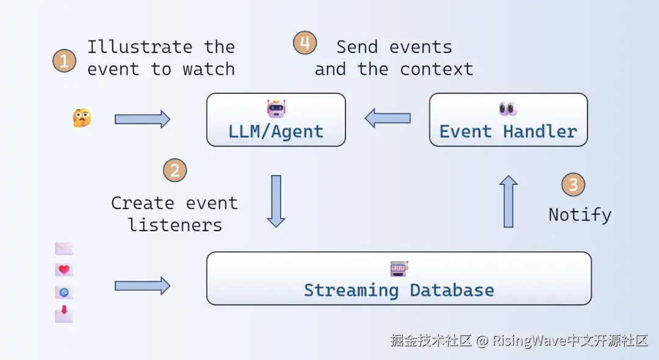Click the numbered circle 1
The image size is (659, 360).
64,60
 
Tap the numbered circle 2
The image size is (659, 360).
175,170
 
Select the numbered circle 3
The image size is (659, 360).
573,184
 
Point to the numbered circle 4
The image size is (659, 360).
305,43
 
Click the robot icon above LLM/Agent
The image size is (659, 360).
276,109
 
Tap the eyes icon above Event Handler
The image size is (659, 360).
508,109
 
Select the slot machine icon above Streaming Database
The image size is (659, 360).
399,268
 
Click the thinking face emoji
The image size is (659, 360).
82,118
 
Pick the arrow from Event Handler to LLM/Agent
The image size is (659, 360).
387,118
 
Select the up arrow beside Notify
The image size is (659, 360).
508,201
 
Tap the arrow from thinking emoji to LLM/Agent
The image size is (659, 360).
142,118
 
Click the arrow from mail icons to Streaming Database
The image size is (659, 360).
142,285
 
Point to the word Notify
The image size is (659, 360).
580,215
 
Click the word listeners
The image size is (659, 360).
175,225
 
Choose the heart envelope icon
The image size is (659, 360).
64,270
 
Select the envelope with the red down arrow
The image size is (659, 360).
64,314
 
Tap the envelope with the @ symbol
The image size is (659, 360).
64,292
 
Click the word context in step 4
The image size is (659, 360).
436,69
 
